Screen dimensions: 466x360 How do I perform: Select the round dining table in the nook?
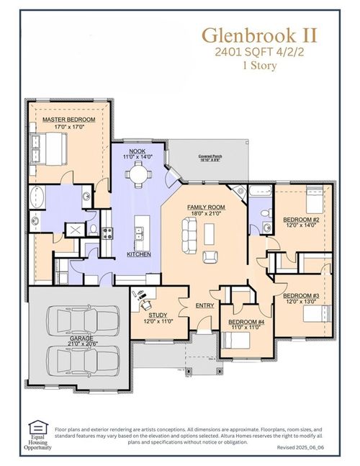pos(138,173)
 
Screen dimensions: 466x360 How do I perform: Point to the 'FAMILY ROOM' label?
pos(203,207)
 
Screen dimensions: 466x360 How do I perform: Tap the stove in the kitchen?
pos(107,233)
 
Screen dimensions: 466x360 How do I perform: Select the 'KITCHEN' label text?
pos(139,254)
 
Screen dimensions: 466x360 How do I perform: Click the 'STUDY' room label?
pos(158,315)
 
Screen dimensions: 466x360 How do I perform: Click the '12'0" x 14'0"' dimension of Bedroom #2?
pos(301,225)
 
